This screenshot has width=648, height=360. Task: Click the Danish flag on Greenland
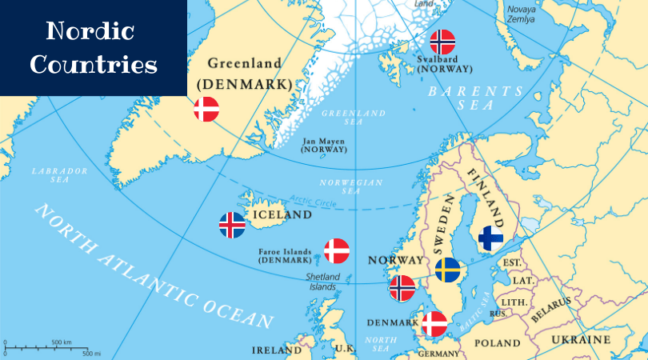(x=206, y=109)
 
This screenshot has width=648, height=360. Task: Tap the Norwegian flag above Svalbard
(x=442, y=42)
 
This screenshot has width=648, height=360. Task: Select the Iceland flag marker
(x=232, y=225)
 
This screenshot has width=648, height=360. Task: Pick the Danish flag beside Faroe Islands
(x=337, y=251)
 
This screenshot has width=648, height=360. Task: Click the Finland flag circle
(x=490, y=238)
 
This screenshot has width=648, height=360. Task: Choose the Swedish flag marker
(x=448, y=270)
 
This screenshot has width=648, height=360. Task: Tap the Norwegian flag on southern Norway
(x=402, y=288)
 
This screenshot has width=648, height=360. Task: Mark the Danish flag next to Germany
(x=434, y=324)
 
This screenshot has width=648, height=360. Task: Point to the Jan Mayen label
(x=324, y=145)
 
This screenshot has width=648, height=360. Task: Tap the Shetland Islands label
(x=323, y=282)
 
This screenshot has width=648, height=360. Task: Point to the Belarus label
(x=551, y=309)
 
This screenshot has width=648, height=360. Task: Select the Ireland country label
(x=277, y=350)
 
